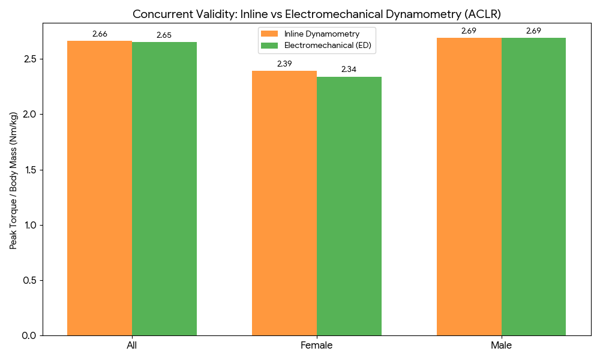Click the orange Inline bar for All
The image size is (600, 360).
click(100, 188)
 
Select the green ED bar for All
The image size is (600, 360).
click(164, 188)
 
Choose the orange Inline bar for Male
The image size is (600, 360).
click(469, 187)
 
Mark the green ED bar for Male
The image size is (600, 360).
click(533, 187)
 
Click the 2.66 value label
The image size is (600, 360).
click(100, 34)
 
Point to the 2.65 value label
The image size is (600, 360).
click(164, 35)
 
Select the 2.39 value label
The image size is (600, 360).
click(284, 64)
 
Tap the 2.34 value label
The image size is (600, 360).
click(349, 70)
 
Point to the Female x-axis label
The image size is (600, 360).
click(316, 346)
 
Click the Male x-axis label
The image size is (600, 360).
click(501, 346)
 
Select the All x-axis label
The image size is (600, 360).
click(132, 346)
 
